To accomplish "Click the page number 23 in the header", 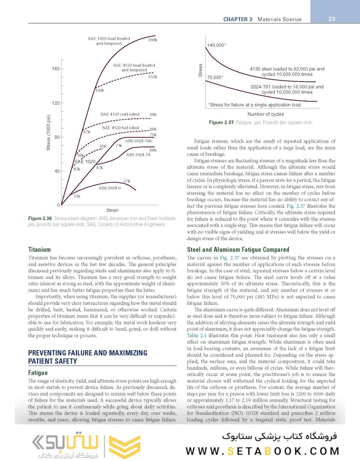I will point(332,19).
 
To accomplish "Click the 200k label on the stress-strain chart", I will point(152,40).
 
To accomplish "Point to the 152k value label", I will point(152,77).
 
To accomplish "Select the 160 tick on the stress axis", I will point(56,69).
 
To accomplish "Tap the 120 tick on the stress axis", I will point(56,103).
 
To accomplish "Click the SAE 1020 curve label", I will point(85,162).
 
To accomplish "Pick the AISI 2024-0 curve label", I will point(110,188).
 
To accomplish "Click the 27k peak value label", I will point(127,181).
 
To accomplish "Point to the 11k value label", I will point(77,196).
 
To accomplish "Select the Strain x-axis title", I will point(113,210).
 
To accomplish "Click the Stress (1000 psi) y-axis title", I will point(49,132).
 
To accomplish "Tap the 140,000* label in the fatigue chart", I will point(217,45).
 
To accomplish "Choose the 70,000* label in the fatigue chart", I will point(215,77).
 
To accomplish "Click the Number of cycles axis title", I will point(265,114).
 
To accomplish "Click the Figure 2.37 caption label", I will point(221,123).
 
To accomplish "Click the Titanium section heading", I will point(40,249).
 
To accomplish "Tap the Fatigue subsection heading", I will point(38,373).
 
